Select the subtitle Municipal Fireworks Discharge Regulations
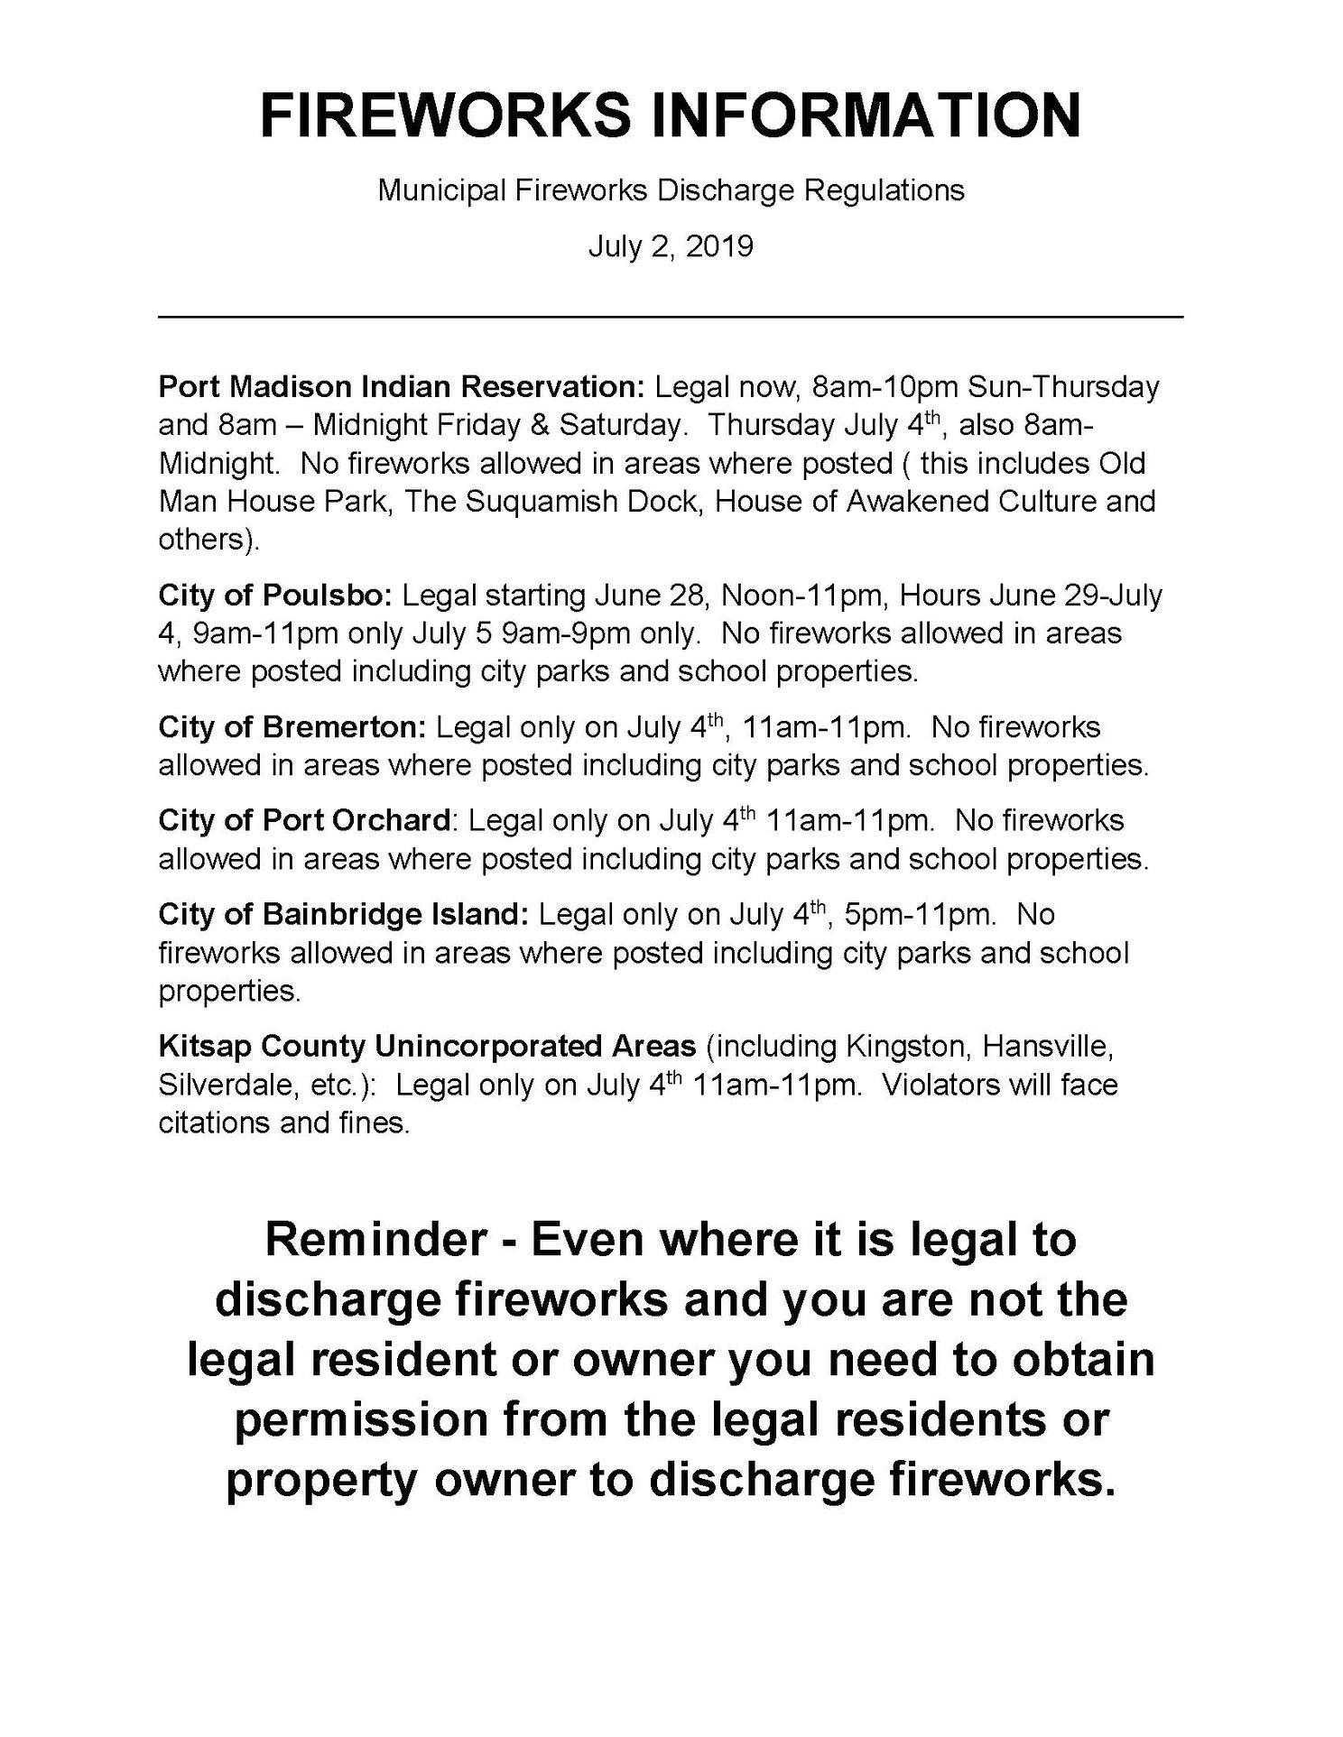[671, 190]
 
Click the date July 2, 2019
[671, 246]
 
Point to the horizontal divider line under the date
[671, 317]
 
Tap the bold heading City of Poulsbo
[275, 596]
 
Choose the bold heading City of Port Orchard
[304, 820]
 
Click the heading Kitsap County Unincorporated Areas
[427, 1046]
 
